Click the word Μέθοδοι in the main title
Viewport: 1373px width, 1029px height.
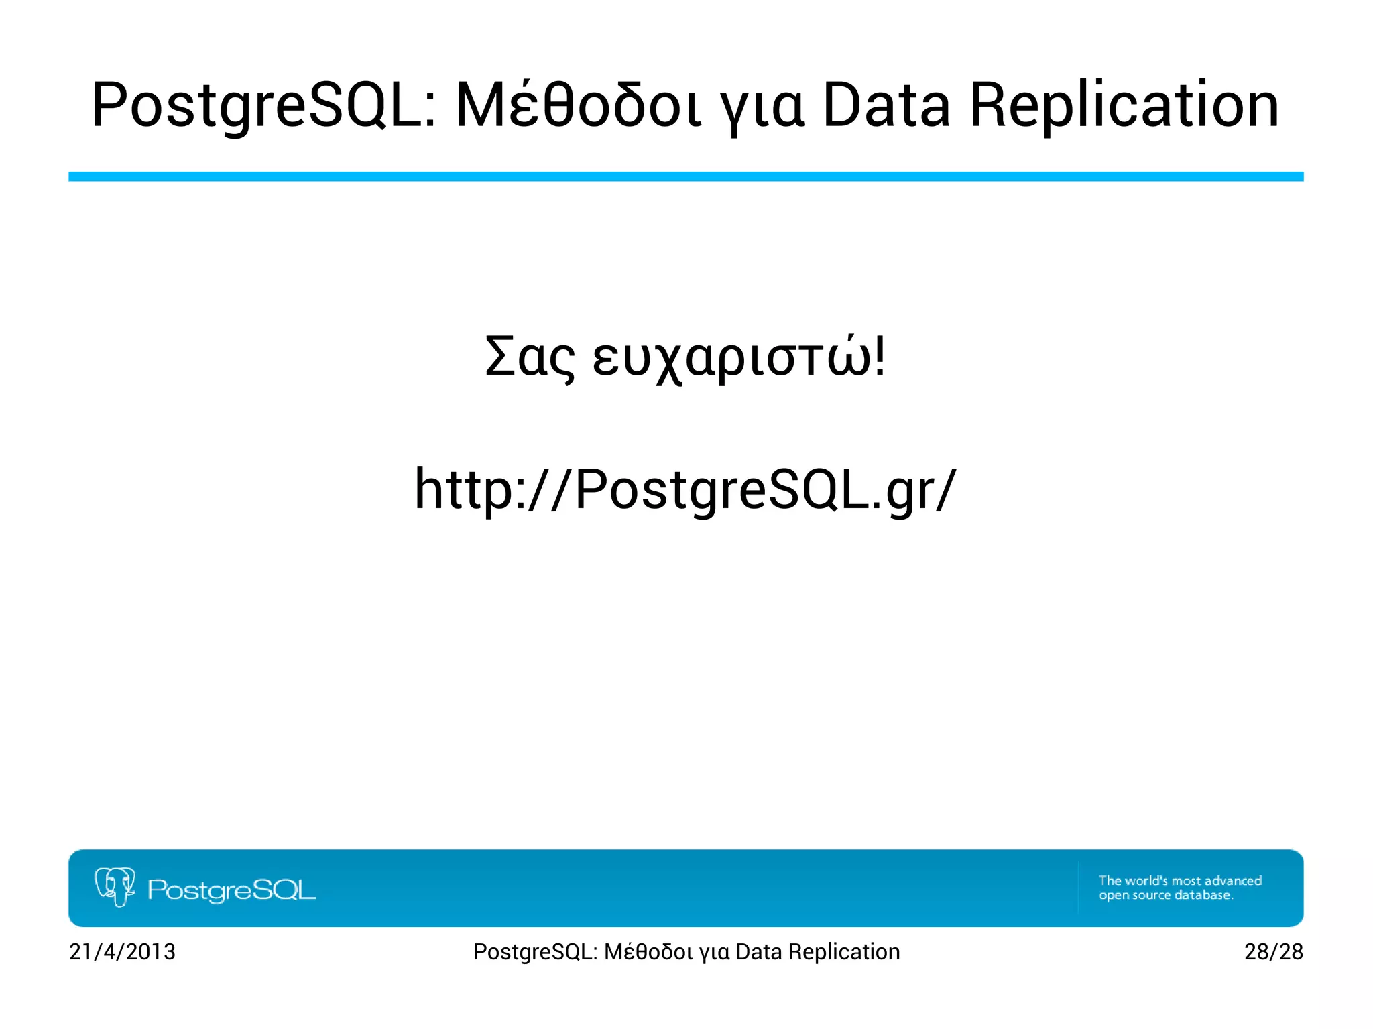579,106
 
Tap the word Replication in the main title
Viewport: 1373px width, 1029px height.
1124,106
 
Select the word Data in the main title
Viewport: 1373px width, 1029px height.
886,106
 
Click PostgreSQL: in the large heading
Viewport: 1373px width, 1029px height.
264,106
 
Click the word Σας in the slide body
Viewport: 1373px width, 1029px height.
530,357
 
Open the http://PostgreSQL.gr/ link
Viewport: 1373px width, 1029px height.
686,489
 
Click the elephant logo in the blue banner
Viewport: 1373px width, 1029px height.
115,886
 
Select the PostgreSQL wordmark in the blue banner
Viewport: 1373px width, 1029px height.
231,890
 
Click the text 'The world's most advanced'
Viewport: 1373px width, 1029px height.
1180,880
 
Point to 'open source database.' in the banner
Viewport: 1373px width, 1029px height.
1165,895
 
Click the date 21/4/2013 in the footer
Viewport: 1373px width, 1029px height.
122,951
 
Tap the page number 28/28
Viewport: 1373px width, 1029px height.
1273,951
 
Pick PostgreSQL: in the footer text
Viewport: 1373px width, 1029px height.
535,951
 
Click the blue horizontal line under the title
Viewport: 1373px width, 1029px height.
686,176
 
